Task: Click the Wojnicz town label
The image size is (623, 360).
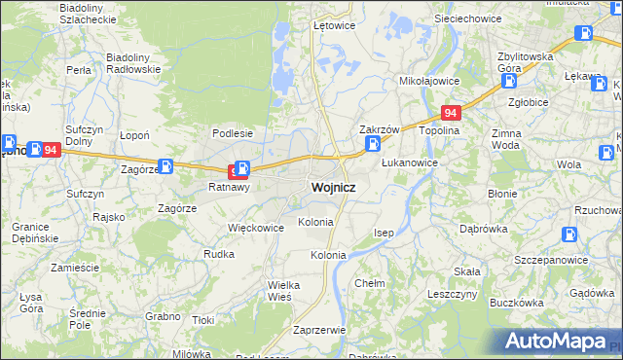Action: coord(332,187)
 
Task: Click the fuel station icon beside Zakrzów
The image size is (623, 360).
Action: coord(373,145)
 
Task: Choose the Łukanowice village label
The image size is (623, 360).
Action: coord(409,162)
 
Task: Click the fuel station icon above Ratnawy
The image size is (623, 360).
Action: coord(242,168)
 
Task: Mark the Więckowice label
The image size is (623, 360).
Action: coord(255,228)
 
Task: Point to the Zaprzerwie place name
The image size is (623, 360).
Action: coord(319,330)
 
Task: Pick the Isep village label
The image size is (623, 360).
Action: coord(385,234)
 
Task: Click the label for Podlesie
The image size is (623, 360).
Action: coord(233,134)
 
